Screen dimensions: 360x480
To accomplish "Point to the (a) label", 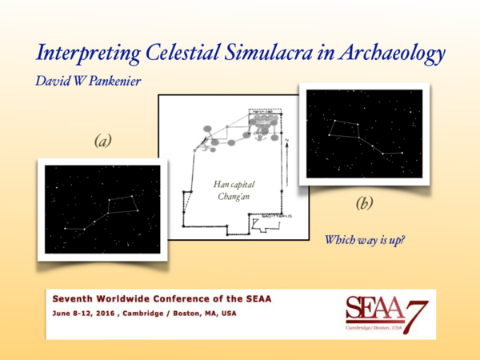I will (102, 141).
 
